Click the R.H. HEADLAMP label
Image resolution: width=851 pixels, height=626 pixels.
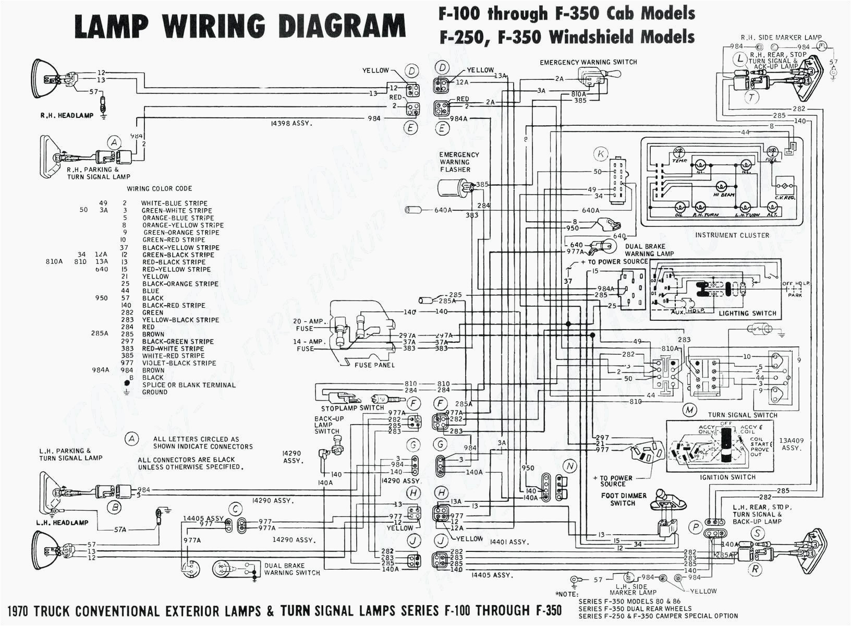[67, 115]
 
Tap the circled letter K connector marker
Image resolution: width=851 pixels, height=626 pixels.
[601, 154]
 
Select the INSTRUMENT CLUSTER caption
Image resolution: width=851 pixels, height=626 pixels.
[732, 235]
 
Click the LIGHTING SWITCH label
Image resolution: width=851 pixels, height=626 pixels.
[747, 314]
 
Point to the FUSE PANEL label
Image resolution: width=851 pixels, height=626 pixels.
[374, 365]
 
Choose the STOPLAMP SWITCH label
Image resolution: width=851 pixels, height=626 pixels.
[352, 408]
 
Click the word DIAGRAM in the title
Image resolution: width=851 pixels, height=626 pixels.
[341, 26]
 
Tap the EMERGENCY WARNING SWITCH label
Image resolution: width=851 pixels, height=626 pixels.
[588, 62]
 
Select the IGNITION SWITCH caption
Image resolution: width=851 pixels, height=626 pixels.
[728, 477]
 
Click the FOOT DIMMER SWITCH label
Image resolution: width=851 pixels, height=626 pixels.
[623, 499]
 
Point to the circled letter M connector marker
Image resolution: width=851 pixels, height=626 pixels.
[690, 410]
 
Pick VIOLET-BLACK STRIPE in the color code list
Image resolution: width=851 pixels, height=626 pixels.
[179, 363]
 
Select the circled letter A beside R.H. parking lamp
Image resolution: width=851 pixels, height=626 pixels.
[114, 142]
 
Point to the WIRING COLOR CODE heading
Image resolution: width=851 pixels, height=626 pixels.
[159, 188]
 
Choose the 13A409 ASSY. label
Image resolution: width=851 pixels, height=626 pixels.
[791, 444]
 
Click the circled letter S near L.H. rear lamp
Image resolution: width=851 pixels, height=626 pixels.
[757, 533]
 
